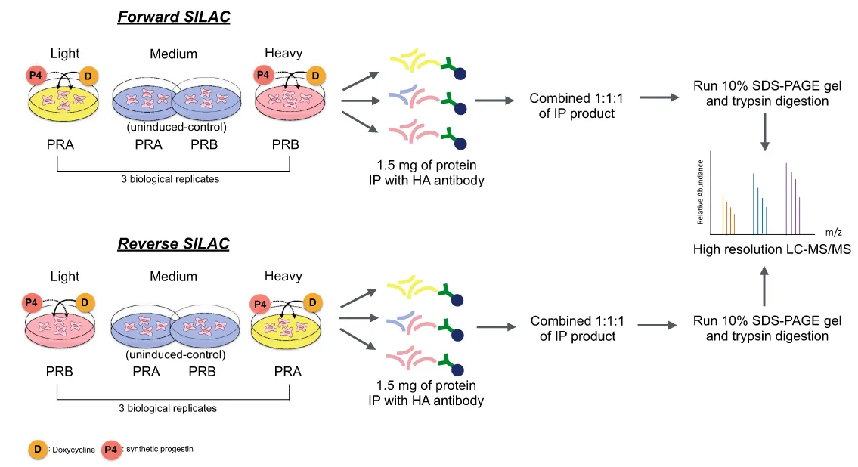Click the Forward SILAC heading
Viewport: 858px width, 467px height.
(173, 17)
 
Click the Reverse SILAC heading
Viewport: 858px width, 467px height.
(173, 244)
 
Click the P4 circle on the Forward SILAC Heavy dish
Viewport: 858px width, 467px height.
(262, 75)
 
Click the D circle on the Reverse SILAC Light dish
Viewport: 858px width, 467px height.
(85, 303)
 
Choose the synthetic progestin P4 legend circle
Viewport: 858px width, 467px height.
(112, 450)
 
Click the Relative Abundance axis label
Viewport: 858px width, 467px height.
(701, 193)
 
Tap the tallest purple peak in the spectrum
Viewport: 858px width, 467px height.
(786, 198)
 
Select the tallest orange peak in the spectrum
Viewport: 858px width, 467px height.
(723, 215)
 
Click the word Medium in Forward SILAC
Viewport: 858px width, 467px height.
(173, 54)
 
